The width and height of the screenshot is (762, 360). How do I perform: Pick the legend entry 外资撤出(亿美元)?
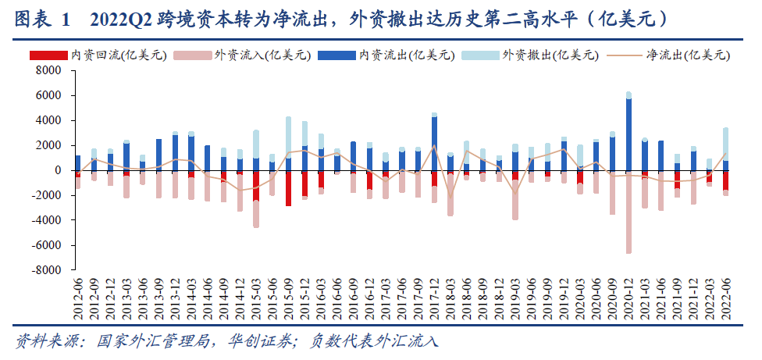pyautogui.click(x=550, y=55)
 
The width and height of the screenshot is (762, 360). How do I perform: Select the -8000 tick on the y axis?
pyautogui.click(x=46, y=270)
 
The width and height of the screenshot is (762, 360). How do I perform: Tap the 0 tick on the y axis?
pyautogui.click(x=58, y=170)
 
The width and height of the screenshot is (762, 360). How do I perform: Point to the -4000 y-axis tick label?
pyautogui.click(x=46, y=220)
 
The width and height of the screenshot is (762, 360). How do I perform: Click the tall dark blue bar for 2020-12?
pyautogui.click(x=628, y=133)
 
